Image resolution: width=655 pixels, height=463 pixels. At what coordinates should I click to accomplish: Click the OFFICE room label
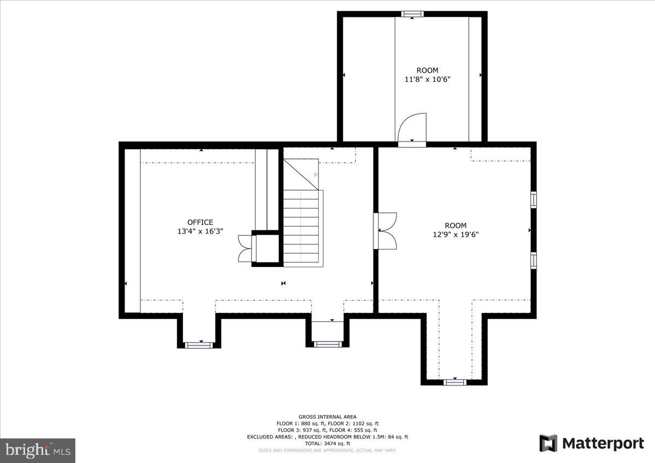click(200, 222)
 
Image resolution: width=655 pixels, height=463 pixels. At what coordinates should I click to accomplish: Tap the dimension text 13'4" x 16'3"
click(200, 231)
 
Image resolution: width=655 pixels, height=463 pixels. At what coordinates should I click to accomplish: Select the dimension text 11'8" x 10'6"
click(427, 79)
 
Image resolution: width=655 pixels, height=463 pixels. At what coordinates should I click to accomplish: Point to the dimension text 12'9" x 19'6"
click(455, 235)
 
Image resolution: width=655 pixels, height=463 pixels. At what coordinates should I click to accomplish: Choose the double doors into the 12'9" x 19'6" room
click(386, 231)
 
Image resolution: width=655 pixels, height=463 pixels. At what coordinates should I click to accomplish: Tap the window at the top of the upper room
click(412, 14)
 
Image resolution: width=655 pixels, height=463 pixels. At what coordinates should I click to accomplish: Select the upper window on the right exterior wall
click(533, 199)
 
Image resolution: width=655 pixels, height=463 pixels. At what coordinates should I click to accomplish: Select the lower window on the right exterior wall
click(533, 260)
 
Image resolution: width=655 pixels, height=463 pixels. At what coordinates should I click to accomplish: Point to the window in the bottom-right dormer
click(455, 382)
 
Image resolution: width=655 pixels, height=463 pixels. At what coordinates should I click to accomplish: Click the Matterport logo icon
click(549, 443)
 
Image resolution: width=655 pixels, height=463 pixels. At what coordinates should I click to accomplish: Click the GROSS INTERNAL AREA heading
click(327, 417)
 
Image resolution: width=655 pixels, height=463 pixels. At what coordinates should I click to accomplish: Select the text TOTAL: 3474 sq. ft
click(327, 443)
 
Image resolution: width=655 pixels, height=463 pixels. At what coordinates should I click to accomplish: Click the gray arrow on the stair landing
click(315, 175)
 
